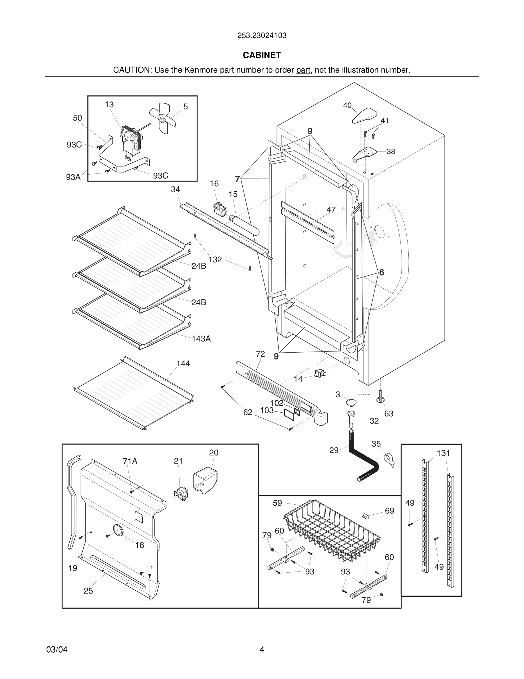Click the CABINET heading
click(262, 55)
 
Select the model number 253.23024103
click(262, 35)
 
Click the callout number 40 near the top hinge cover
click(347, 105)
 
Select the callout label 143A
click(201, 339)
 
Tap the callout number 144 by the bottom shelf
click(183, 364)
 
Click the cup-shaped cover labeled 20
click(205, 481)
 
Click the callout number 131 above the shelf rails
click(443, 453)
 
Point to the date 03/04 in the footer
click(57, 650)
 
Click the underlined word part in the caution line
click(303, 70)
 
